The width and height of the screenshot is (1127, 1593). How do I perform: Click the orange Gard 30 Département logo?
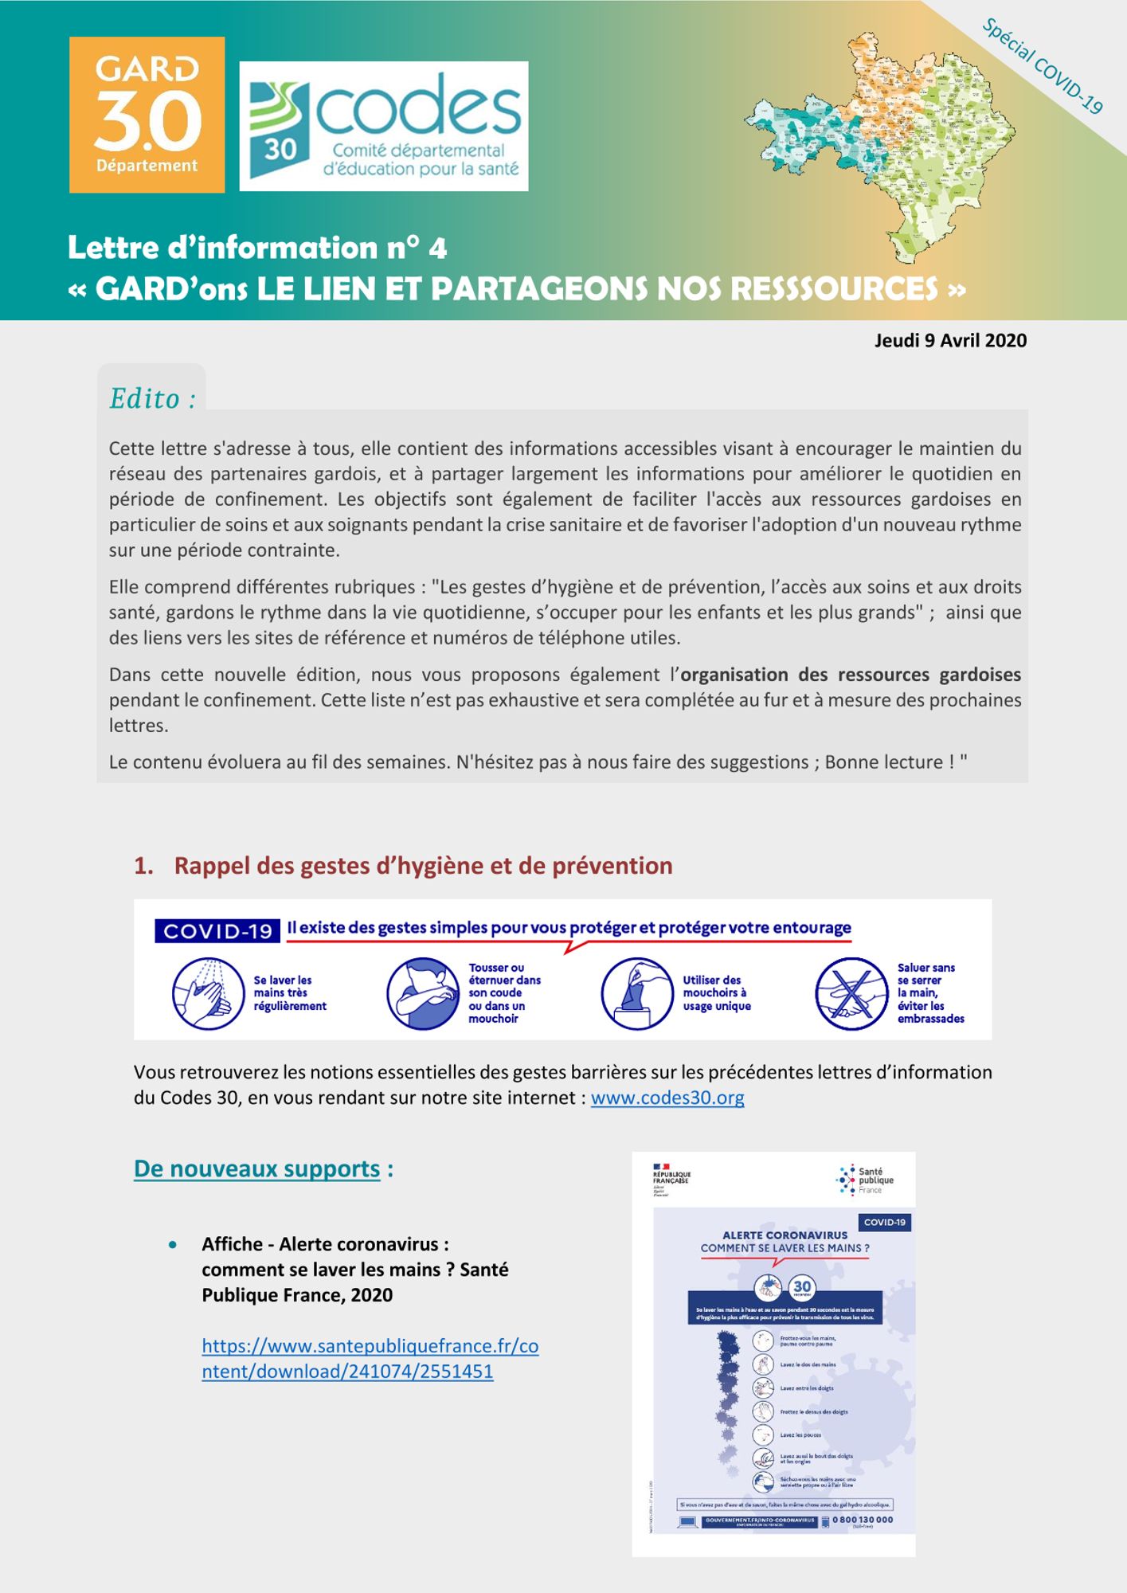click(x=147, y=115)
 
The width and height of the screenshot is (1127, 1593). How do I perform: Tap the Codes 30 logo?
click(x=384, y=126)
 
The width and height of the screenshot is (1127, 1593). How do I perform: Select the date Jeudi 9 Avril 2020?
click(x=950, y=340)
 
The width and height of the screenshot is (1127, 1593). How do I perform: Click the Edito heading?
click(x=152, y=398)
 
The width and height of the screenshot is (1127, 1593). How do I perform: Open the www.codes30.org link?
click(x=667, y=1098)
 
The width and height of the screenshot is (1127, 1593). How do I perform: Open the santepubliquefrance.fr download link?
click(x=370, y=1358)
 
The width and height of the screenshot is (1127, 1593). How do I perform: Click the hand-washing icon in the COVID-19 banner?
click(x=208, y=993)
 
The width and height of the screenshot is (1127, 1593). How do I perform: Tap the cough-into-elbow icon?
click(x=423, y=993)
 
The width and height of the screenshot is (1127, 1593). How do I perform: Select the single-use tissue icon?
click(x=637, y=993)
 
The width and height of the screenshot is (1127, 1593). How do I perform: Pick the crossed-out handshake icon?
click(x=851, y=993)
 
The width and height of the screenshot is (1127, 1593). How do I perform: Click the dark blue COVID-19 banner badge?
click(x=217, y=931)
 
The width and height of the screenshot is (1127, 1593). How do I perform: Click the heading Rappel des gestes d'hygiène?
click(x=423, y=866)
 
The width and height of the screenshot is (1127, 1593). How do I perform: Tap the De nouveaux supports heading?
click(x=257, y=1168)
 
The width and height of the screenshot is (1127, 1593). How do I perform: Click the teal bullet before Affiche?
click(x=173, y=1244)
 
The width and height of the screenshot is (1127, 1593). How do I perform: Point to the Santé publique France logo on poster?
click(x=865, y=1180)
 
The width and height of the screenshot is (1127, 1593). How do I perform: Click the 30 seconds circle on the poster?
click(x=802, y=1287)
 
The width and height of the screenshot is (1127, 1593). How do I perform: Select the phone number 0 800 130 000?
click(x=862, y=1520)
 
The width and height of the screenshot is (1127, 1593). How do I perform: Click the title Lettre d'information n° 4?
click(x=257, y=248)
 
